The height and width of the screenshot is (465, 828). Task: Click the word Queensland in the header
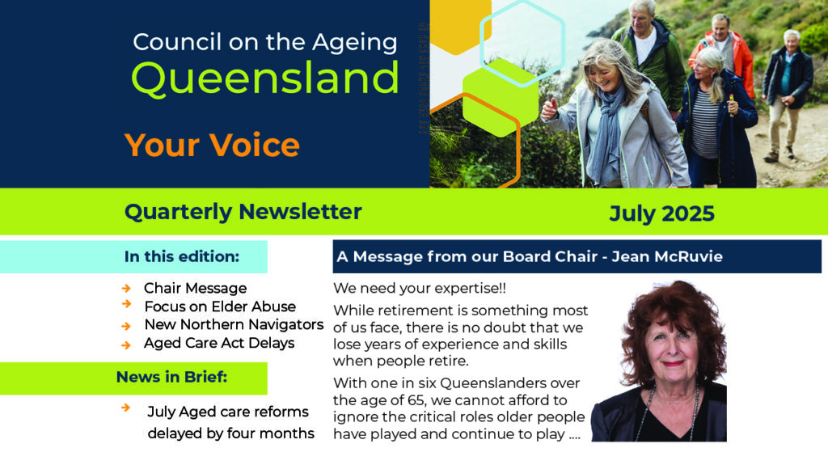265,79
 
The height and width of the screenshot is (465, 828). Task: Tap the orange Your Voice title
212,145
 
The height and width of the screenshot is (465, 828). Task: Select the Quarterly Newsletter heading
243,213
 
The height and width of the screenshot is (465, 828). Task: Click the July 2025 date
661,213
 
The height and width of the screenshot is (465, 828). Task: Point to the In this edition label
182,257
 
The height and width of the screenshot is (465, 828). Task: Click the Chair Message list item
196,288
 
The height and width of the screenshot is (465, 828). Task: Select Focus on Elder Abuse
220,306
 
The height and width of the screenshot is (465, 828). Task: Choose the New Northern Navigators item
234,324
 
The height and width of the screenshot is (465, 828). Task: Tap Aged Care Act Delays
219,343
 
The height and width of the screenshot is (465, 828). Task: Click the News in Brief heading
171,378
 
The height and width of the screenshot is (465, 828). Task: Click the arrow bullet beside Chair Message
126,288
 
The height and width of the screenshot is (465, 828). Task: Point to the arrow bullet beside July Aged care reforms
125,408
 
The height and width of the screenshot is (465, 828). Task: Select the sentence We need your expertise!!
420,289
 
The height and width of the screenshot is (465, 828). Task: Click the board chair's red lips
673,364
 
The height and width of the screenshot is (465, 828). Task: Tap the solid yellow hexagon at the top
460,23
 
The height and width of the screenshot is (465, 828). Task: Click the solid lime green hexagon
501,98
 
